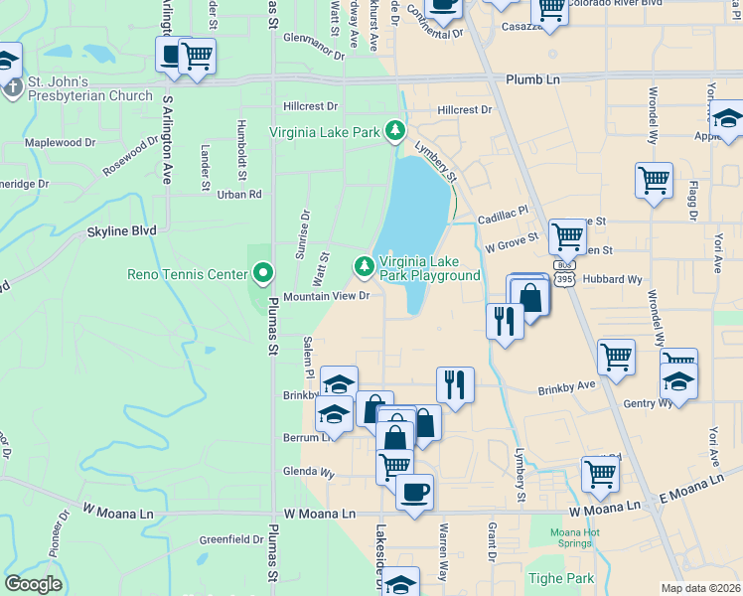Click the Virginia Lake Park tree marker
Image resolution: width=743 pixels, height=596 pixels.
pyautogui.click(x=395, y=130)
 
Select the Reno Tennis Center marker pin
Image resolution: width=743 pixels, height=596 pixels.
pyautogui.click(x=263, y=271)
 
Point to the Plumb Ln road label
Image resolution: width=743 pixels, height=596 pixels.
pyautogui.click(x=532, y=78)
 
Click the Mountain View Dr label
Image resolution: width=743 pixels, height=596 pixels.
pyautogui.click(x=326, y=296)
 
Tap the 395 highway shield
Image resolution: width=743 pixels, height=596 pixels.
pyautogui.click(x=564, y=280)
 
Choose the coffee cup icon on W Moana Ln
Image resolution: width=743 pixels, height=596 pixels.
pyautogui.click(x=414, y=490)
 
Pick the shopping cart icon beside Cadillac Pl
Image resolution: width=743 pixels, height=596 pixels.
pyautogui.click(x=567, y=236)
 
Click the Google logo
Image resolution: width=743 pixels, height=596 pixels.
pyautogui.click(x=33, y=584)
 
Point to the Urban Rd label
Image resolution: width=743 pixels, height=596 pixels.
pyautogui.click(x=240, y=195)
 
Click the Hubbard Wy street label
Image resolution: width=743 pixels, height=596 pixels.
pyautogui.click(x=618, y=280)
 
